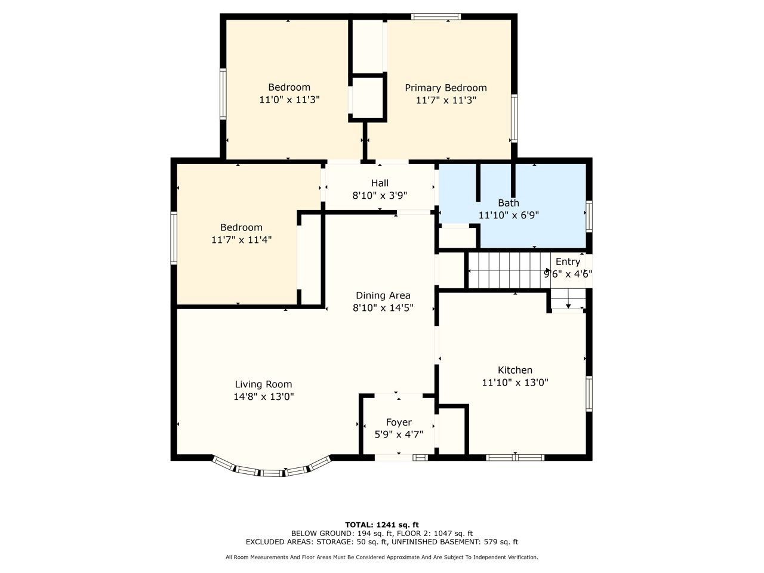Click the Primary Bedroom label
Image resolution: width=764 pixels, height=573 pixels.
point(445,88)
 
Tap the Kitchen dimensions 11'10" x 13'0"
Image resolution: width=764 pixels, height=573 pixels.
point(515,383)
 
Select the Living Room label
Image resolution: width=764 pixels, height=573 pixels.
point(263,384)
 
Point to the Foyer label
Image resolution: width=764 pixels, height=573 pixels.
point(399,423)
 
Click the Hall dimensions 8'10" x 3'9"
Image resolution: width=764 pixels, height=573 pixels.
point(380,196)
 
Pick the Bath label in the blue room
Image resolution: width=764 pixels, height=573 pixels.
point(509,203)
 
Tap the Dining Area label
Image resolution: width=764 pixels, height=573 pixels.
point(383,295)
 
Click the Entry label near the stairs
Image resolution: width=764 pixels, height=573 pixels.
point(568,262)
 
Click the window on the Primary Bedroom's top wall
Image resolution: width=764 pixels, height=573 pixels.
point(436,16)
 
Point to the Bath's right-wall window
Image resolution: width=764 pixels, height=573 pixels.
point(589,217)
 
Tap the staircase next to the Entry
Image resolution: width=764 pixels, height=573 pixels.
point(510,270)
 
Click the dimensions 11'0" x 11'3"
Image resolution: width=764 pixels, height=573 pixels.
point(289,100)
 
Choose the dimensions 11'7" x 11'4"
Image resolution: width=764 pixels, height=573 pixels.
point(241,240)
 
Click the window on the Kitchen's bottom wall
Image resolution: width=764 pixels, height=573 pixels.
point(515,457)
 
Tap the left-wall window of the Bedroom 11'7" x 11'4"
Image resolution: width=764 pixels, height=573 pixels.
point(174,238)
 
